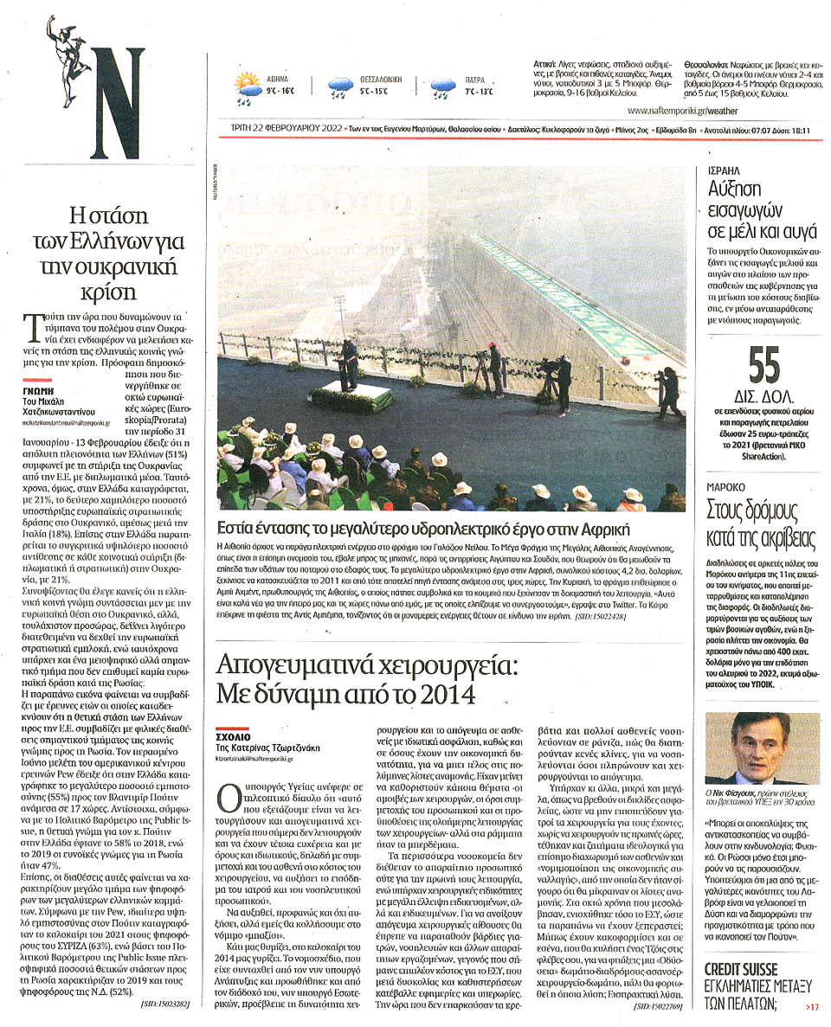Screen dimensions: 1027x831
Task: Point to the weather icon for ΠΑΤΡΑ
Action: [x=444, y=85]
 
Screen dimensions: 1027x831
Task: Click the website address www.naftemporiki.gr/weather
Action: [x=683, y=111]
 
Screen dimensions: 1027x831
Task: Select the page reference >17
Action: [x=811, y=1006]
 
